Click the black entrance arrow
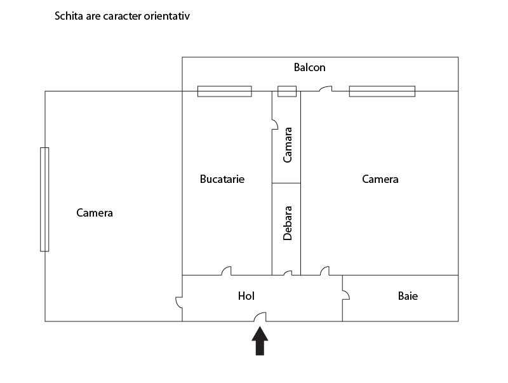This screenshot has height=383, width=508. (260, 341)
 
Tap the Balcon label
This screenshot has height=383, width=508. (309, 67)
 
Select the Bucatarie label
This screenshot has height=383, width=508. (222, 179)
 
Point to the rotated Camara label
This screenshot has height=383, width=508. (288, 145)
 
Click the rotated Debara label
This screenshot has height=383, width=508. (288, 223)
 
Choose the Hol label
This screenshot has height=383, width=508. (246, 296)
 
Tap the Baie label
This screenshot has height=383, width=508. (408, 296)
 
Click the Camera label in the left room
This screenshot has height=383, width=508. (94, 213)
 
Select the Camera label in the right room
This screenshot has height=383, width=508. (380, 179)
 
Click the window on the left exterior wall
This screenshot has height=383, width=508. (44, 199)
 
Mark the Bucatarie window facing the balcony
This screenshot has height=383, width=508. (225, 91)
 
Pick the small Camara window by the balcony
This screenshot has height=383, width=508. (287, 91)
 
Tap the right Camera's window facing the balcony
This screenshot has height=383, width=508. (382, 91)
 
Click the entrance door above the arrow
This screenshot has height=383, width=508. (260, 317)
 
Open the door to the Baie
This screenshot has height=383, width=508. (346, 295)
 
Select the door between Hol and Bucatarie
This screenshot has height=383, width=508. (226, 271)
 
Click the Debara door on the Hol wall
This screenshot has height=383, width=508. (288, 273)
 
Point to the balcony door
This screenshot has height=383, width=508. (326, 88)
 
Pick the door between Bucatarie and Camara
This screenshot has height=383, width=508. (275, 124)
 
